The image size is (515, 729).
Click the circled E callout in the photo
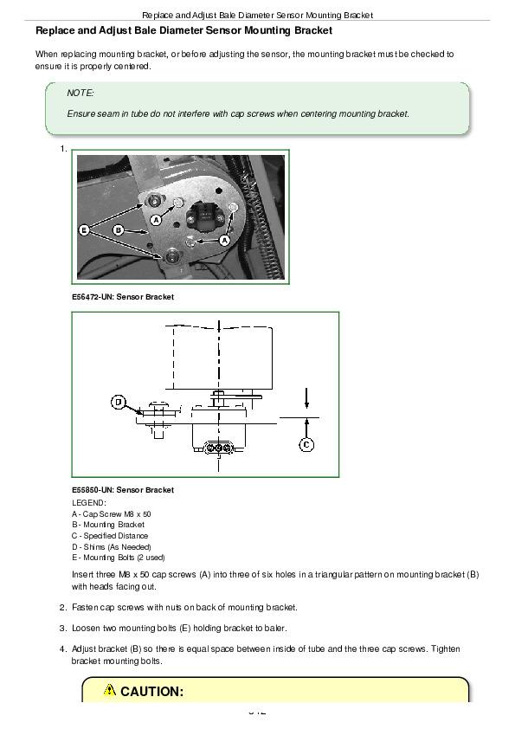(x=84, y=229)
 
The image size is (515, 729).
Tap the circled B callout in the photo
(x=119, y=229)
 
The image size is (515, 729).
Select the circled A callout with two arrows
(x=224, y=240)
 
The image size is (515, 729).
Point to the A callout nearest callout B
(x=156, y=220)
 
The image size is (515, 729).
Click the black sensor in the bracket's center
(x=203, y=216)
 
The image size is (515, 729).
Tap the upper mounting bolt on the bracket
(x=152, y=200)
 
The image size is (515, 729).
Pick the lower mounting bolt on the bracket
(x=172, y=255)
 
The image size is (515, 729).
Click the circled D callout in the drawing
(x=119, y=402)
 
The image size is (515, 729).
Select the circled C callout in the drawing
(x=306, y=444)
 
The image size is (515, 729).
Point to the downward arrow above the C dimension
(x=306, y=398)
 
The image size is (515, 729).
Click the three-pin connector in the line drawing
(x=217, y=448)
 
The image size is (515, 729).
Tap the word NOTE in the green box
(x=80, y=93)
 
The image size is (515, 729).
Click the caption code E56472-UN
(x=92, y=297)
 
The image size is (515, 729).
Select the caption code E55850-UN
(x=92, y=489)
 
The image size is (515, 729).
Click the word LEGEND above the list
(x=89, y=502)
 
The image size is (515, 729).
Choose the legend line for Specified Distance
(x=110, y=536)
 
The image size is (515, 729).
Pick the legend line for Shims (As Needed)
(x=112, y=547)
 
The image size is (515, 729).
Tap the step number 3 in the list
(x=62, y=628)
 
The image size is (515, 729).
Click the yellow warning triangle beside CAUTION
(x=110, y=689)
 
